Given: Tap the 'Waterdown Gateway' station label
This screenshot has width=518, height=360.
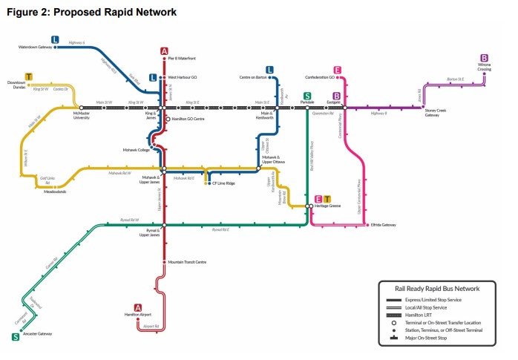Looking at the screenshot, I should [x=36, y=47].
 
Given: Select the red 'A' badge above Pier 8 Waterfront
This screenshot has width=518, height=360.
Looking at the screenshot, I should [x=164, y=51].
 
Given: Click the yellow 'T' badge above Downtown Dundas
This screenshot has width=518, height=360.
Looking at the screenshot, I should [x=29, y=76].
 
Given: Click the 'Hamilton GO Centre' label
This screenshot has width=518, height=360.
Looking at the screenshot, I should [x=190, y=119].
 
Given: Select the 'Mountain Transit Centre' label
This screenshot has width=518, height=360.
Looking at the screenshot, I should [x=187, y=262].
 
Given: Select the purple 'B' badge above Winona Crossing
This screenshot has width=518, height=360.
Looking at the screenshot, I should [x=484, y=58].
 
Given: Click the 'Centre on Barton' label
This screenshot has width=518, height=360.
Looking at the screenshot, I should [x=253, y=77].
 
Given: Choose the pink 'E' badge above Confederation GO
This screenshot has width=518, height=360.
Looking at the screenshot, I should [x=337, y=71].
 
